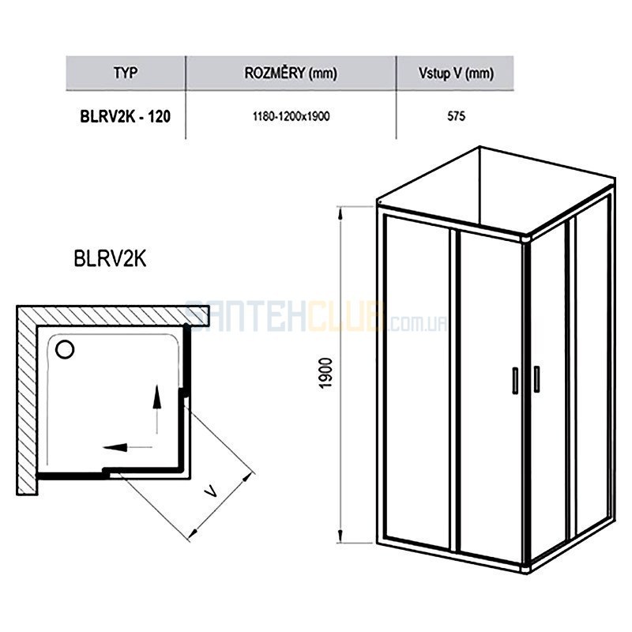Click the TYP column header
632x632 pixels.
(x=126, y=73)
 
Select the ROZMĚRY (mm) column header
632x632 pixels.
(x=291, y=73)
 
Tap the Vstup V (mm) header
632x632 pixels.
(x=456, y=73)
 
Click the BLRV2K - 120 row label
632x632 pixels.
(x=126, y=116)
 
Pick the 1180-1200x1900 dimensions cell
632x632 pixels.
(x=291, y=116)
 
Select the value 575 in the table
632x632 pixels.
(x=457, y=116)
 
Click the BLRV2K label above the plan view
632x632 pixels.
(x=110, y=259)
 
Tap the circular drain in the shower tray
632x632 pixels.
(x=65, y=349)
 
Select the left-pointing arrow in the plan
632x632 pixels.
(x=127, y=447)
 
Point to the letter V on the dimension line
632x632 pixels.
(x=211, y=491)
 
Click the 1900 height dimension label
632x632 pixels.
(x=325, y=373)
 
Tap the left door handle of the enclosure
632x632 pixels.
(x=515, y=380)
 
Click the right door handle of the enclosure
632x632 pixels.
(x=536, y=379)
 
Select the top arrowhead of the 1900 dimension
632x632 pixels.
(x=340, y=213)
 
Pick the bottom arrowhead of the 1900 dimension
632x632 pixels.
(x=340, y=536)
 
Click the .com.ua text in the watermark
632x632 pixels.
(x=418, y=323)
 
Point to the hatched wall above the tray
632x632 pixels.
(x=113, y=315)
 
